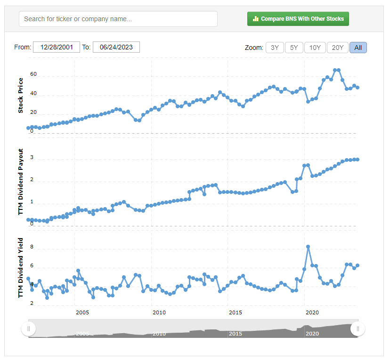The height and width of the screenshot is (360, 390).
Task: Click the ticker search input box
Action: (x=118, y=19)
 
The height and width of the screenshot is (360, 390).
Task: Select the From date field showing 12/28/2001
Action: (x=57, y=47)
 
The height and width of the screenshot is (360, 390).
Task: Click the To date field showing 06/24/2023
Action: (x=116, y=47)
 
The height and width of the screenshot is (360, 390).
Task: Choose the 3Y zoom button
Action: (x=275, y=48)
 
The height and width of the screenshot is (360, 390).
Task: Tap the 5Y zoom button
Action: (x=294, y=48)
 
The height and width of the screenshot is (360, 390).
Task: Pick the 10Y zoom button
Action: (x=315, y=48)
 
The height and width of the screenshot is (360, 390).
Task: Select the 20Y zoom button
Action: (x=338, y=48)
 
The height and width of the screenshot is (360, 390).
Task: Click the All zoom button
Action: (x=358, y=48)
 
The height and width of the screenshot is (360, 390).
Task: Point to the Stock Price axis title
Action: (x=21, y=98)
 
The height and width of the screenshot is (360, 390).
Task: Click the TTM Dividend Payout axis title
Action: (x=21, y=182)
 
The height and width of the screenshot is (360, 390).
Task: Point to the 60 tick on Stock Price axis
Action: (x=33, y=74)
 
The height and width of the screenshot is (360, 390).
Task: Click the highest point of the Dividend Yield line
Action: (x=308, y=247)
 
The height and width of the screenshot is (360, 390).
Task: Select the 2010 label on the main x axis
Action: (x=159, y=312)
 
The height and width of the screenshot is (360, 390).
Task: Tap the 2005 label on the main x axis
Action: (x=82, y=312)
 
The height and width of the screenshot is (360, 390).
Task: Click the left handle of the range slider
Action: (x=28, y=329)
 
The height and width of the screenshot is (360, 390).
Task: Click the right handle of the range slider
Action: (x=358, y=329)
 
